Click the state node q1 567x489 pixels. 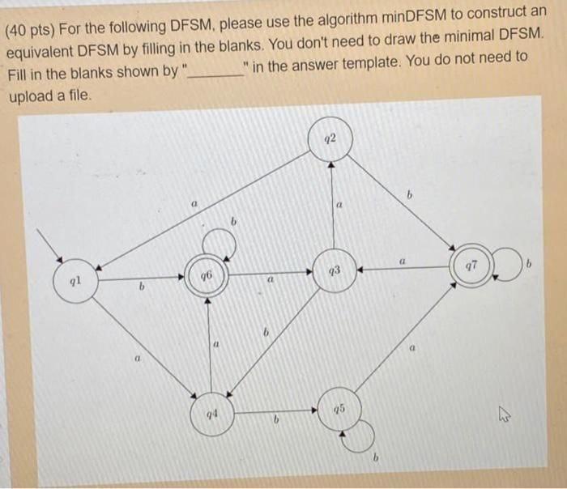point(75,282)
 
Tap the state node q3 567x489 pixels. point(333,270)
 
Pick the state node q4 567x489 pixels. point(210,415)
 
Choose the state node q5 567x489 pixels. point(337,408)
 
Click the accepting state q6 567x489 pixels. point(206,276)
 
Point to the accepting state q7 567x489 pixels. point(473,266)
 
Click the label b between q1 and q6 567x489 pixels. point(140,287)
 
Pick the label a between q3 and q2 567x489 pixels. point(340,207)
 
